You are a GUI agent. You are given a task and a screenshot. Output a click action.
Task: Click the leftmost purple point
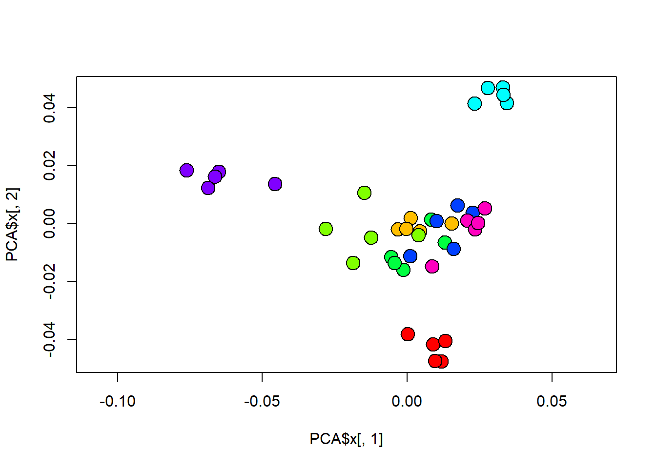coord(186,171)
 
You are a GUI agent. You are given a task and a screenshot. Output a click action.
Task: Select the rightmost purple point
coord(275,184)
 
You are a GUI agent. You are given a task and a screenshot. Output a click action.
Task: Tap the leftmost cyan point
coord(474,103)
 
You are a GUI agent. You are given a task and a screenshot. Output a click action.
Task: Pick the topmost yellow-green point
coord(364,193)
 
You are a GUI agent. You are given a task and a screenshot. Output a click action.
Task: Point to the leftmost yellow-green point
coord(326,229)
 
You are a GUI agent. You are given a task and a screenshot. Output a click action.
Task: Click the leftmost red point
coord(408,334)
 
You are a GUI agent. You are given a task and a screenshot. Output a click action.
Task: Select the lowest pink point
coord(432,266)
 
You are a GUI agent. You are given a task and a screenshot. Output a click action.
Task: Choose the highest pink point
coord(485,208)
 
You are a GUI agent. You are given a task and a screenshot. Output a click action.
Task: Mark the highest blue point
coord(457,205)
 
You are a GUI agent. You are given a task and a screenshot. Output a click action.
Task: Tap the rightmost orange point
coord(451,223)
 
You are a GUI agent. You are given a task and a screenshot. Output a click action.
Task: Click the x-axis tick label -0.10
coord(118,402)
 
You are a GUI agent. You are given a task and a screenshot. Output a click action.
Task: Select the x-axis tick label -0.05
coord(262,402)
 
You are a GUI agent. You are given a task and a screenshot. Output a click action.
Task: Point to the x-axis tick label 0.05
coord(552,402)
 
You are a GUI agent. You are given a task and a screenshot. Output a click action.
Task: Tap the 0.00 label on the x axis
coord(407,402)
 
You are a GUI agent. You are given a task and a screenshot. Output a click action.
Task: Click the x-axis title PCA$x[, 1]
coord(346,439)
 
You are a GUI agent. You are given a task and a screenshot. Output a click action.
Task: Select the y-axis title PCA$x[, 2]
coord(13,224)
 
